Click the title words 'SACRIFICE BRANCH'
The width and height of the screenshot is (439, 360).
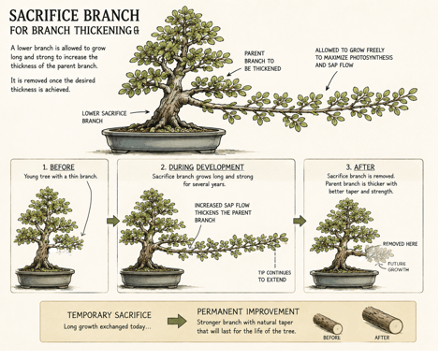click(x=74, y=15)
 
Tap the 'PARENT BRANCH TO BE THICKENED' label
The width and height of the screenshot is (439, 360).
click(x=263, y=61)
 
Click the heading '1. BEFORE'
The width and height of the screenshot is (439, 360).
click(x=59, y=167)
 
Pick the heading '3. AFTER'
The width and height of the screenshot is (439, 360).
click(x=360, y=167)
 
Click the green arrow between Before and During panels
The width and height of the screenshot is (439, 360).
click(x=113, y=221)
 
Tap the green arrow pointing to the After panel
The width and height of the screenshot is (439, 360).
click(x=300, y=221)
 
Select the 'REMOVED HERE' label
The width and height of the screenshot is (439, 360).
click(x=400, y=244)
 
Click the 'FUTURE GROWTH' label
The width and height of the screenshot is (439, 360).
click(x=398, y=266)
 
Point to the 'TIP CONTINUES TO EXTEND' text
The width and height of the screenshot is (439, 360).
click(x=274, y=276)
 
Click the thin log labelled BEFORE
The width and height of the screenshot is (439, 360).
click(x=328, y=324)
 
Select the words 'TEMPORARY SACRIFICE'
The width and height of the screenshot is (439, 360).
click(x=110, y=315)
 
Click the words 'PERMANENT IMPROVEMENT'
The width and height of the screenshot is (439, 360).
click(x=248, y=311)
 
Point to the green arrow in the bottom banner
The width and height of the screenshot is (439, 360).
click(x=177, y=322)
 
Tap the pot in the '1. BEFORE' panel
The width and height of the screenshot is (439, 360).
click(x=45, y=277)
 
